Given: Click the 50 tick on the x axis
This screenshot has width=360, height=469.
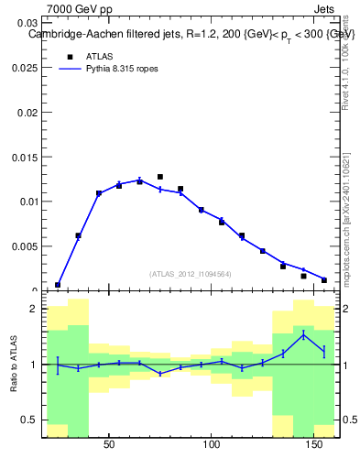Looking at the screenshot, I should (x=109, y=445).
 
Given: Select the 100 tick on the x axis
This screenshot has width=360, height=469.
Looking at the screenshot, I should (x=212, y=445).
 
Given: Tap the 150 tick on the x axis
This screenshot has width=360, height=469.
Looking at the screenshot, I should (x=314, y=445).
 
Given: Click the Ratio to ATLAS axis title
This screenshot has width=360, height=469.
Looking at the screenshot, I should (x=13, y=365).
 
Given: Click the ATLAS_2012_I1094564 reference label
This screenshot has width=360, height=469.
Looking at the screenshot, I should (x=191, y=274).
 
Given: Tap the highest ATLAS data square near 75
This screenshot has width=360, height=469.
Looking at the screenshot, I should (x=160, y=177).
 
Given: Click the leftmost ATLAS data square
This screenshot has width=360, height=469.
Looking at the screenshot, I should (x=58, y=285).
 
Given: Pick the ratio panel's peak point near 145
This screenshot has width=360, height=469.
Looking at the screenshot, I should (x=303, y=335).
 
